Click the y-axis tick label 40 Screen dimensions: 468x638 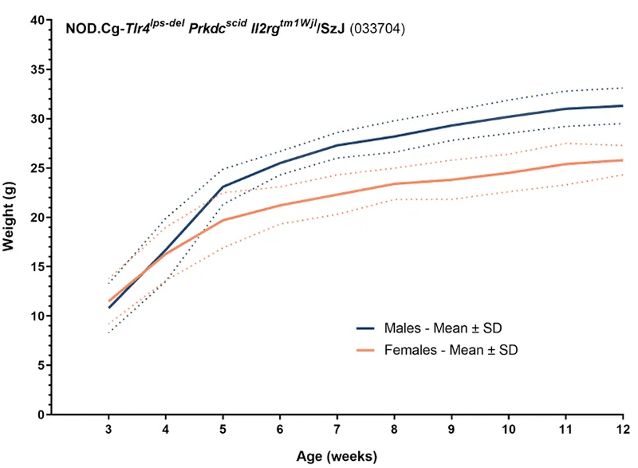(35, 20)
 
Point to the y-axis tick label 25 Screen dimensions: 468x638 (35, 168)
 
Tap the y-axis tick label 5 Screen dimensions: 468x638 (38, 365)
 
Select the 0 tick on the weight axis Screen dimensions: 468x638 (38, 415)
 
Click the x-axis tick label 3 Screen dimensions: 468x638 (108, 431)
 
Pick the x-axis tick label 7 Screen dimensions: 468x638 (337, 431)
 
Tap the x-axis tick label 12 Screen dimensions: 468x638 (622, 431)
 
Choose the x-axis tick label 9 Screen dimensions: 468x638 (451, 431)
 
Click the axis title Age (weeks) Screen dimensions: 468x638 (336, 456)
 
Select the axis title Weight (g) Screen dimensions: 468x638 (10, 217)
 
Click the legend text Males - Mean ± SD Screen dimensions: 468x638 (442, 328)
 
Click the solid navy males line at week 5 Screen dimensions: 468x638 (223, 187)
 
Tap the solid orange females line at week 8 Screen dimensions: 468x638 (394, 183)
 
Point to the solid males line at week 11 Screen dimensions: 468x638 (565, 108)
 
